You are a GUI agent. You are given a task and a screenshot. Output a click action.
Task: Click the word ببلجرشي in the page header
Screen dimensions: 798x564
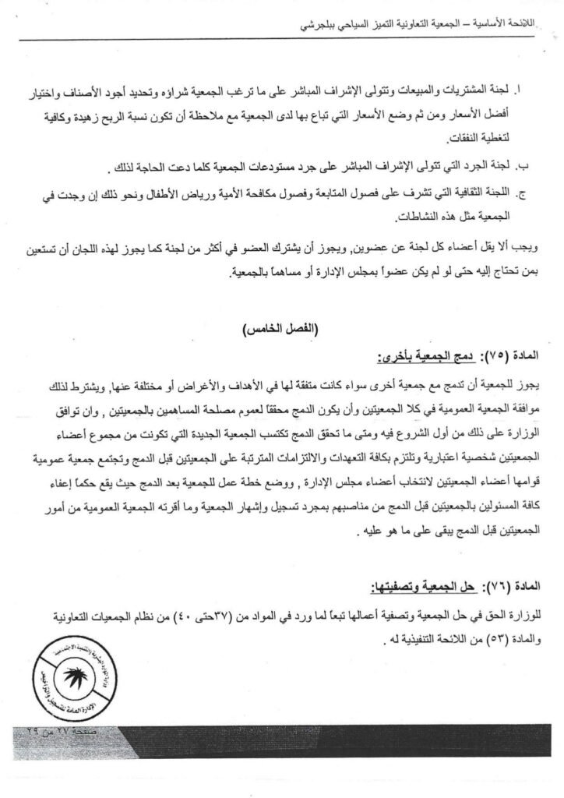298,24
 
